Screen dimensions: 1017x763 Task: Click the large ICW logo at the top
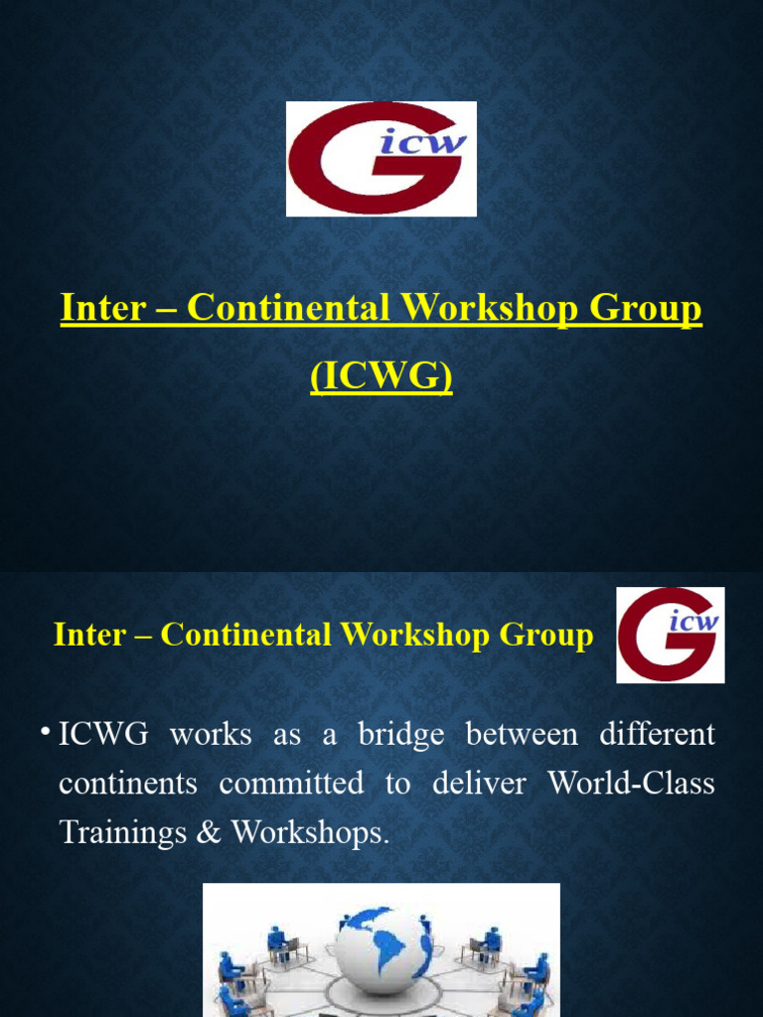tap(381, 159)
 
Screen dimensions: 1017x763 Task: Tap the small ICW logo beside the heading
tap(670, 635)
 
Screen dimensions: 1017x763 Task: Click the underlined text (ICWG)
tap(381, 378)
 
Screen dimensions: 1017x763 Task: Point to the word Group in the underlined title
tap(646, 309)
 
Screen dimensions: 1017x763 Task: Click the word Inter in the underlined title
tap(102, 309)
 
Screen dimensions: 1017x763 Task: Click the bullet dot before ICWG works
tap(47, 734)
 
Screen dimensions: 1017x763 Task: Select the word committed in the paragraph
tap(291, 784)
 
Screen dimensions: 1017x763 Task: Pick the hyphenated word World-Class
tap(631, 784)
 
